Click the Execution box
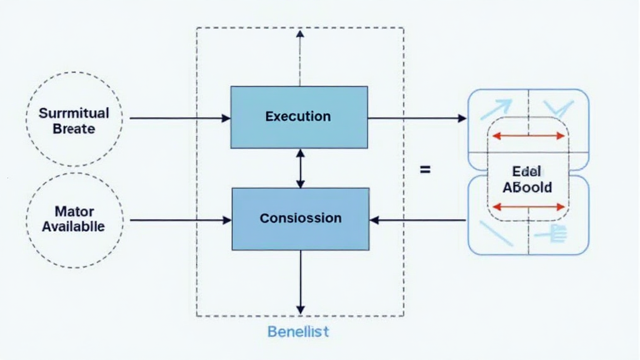pyautogui.click(x=299, y=117)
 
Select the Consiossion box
pyautogui.click(x=300, y=218)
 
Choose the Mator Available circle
pyautogui.click(x=74, y=219)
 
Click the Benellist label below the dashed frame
pyautogui.click(x=298, y=331)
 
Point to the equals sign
pyautogui.click(x=425, y=169)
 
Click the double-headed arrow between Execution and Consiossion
pyautogui.click(x=300, y=168)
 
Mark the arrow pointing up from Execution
pyautogui.click(x=300, y=56)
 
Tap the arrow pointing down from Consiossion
pyautogui.click(x=300, y=281)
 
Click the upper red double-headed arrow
pyautogui.click(x=528, y=134)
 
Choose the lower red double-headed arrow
pyautogui.click(x=528, y=206)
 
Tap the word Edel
pyautogui.click(x=526, y=171)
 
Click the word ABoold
pyautogui.click(x=527, y=187)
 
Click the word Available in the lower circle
pyautogui.click(x=74, y=226)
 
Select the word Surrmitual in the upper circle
pyautogui.click(x=74, y=114)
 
